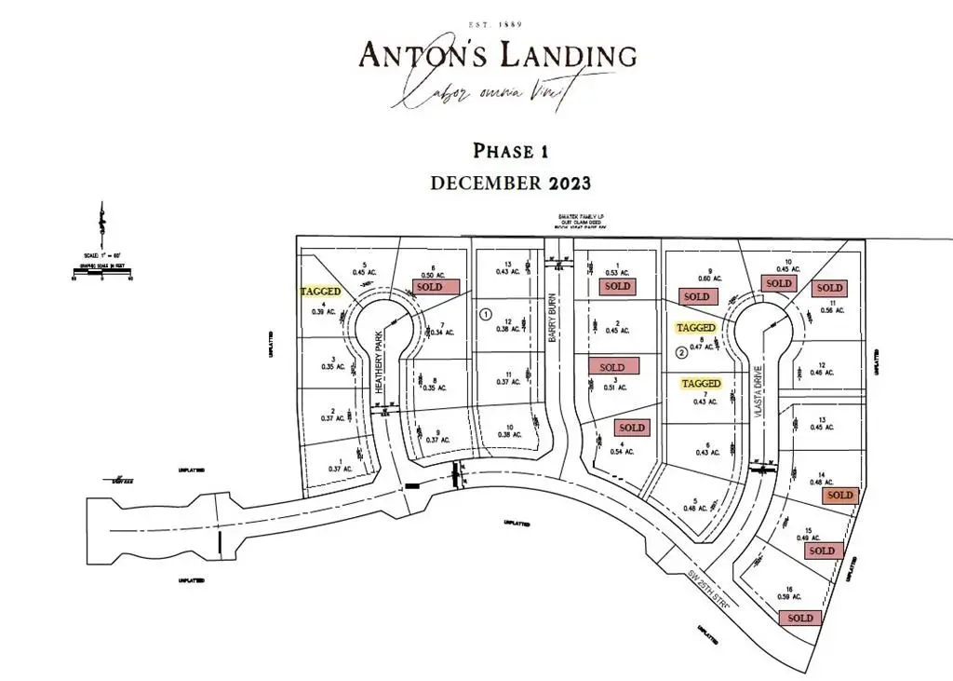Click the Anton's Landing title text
pos(498,55)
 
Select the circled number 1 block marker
pos(485,314)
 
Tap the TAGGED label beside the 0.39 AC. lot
pos(321,291)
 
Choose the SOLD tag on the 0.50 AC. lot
pos(436,287)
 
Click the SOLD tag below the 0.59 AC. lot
pos(800,618)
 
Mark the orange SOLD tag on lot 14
pos(839,496)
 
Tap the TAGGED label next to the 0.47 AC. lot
pos(696,328)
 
